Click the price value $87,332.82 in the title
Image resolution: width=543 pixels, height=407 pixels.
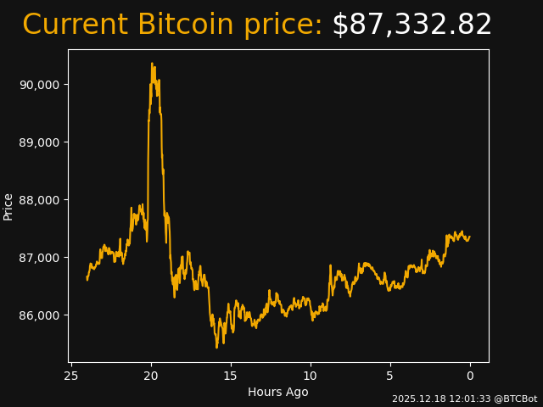click(x=411, y=25)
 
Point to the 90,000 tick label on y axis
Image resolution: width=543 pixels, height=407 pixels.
click(x=39, y=85)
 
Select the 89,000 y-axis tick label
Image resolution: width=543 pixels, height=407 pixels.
click(x=39, y=142)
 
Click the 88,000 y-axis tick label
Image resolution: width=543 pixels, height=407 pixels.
click(x=39, y=200)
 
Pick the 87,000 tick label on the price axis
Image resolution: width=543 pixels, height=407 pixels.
click(x=39, y=258)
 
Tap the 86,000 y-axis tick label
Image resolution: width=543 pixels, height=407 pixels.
click(x=39, y=315)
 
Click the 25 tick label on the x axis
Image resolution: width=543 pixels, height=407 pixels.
click(x=71, y=376)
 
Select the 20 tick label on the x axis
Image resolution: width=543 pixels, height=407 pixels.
click(x=151, y=376)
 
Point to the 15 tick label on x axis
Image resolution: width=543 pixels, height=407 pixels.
click(x=231, y=376)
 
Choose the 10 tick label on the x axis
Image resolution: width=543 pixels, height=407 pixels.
click(x=311, y=376)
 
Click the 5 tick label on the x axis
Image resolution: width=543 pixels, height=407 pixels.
click(x=390, y=376)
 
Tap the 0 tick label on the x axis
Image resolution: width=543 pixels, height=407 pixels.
click(x=470, y=376)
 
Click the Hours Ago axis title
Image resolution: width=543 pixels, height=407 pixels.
click(x=278, y=392)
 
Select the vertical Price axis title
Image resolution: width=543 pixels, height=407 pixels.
click(x=8, y=206)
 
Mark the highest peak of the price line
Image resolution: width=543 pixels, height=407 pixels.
click(x=152, y=63)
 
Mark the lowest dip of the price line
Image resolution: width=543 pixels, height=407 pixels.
click(x=216, y=347)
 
